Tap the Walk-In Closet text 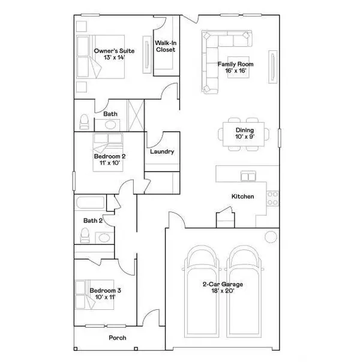[166, 47]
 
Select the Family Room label [235, 67]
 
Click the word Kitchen [242, 197]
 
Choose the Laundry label [162, 152]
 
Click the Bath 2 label [93, 221]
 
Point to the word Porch [117, 338]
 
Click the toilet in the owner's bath [84, 122]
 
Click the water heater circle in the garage [271, 236]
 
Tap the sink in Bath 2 [104, 237]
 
